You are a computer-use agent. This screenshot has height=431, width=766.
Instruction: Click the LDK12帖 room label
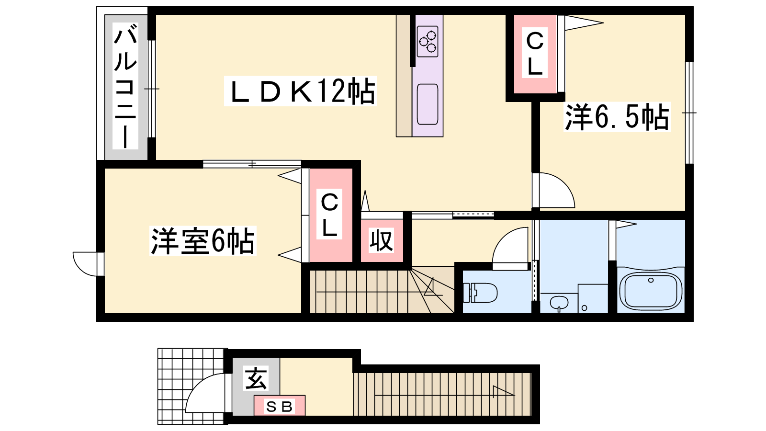tap(301, 91)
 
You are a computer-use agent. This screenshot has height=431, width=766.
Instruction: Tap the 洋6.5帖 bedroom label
tap(617, 117)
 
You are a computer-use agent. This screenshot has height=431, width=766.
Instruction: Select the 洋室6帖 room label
tap(203, 241)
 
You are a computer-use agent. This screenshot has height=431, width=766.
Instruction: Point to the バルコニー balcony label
tap(125, 86)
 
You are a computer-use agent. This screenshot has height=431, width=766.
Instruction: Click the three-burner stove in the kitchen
tap(428, 41)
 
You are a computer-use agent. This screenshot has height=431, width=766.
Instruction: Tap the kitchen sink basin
tap(428, 104)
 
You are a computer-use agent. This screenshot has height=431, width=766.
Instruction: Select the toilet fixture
tap(480, 293)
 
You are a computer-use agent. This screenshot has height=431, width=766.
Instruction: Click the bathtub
tap(651, 290)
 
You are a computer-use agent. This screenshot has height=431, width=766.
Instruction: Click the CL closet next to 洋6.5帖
tap(535, 54)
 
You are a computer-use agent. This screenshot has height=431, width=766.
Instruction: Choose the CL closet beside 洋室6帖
tap(330, 215)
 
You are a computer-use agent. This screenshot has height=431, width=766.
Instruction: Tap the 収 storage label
tap(381, 240)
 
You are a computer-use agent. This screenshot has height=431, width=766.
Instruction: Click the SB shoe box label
tap(280, 407)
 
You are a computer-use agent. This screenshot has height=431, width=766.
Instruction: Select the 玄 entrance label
tap(256, 378)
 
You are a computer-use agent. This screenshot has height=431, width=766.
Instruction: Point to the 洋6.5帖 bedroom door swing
tap(553, 190)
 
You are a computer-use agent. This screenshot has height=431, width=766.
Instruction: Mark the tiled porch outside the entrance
tap(192, 386)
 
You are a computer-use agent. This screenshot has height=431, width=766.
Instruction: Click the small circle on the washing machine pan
tap(585, 308)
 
